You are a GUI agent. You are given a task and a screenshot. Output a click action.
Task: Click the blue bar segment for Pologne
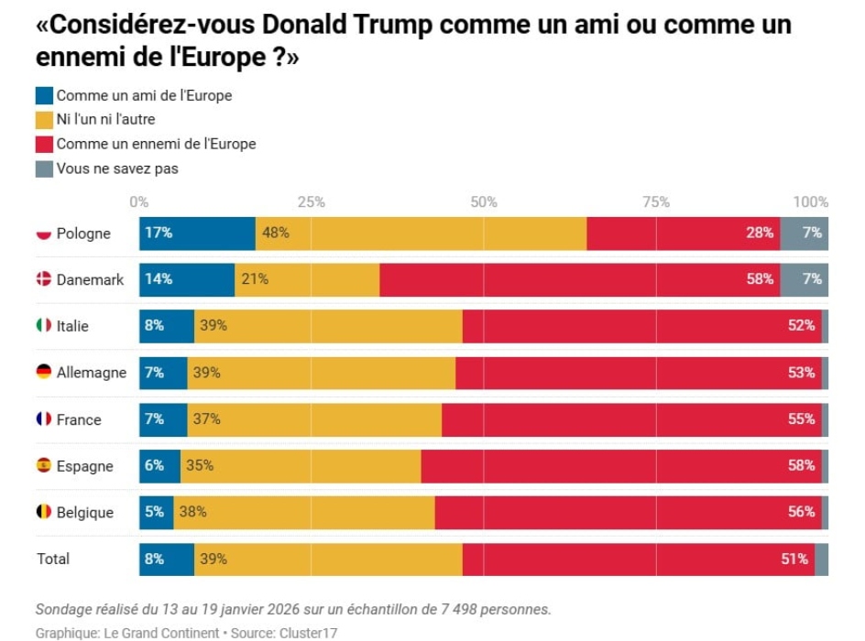(x=197, y=234)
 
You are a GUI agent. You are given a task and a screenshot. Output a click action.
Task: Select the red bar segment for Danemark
(x=579, y=279)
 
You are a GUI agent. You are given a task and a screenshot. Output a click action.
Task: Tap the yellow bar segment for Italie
(x=328, y=326)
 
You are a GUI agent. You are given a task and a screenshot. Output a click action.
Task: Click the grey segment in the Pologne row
(x=805, y=234)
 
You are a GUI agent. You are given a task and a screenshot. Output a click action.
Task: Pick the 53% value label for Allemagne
(x=801, y=373)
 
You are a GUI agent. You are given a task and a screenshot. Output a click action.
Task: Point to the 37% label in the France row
(x=206, y=419)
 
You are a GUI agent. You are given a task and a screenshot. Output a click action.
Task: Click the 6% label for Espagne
(x=154, y=465)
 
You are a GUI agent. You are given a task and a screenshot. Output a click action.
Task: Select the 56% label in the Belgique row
(x=801, y=512)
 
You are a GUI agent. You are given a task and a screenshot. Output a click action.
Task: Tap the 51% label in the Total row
(x=794, y=559)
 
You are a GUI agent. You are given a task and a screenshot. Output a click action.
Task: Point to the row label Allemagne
(x=92, y=373)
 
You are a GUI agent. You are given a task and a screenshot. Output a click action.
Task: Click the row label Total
(x=53, y=559)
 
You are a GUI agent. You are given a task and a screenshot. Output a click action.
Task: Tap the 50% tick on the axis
(x=484, y=202)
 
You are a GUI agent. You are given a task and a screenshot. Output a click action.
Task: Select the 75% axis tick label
(x=656, y=202)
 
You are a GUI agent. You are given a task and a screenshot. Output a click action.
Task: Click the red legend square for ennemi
(x=44, y=144)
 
